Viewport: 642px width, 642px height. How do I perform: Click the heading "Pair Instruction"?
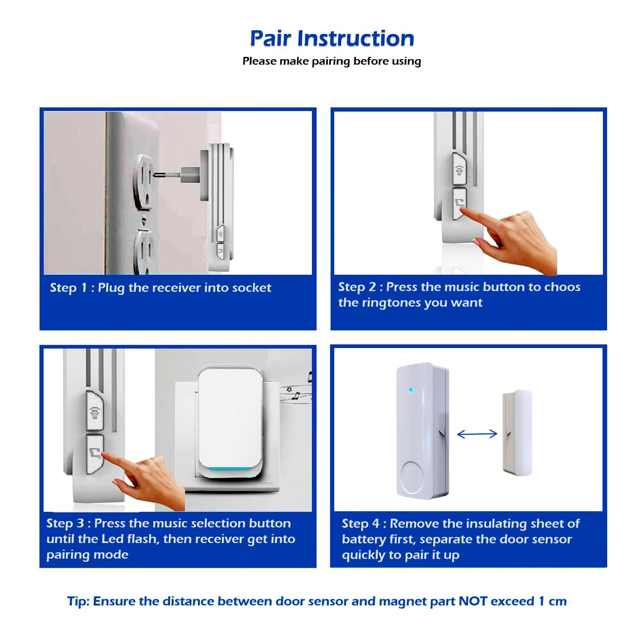click(x=332, y=39)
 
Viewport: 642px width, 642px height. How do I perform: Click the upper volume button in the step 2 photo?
click(x=459, y=169)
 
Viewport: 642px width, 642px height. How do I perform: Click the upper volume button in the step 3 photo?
click(x=95, y=410)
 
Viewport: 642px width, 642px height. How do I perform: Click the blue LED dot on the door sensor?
click(x=411, y=390)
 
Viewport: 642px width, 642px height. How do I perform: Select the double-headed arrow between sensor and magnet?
click(x=477, y=434)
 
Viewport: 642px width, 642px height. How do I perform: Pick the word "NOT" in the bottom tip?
click(x=472, y=601)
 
